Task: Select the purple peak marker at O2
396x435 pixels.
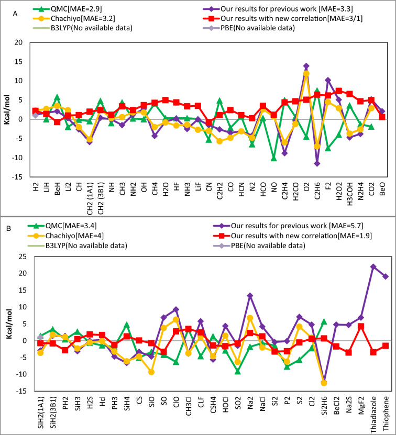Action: [306, 66]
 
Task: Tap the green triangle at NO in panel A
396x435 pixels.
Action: [273, 158]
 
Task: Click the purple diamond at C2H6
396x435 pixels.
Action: [317, 163]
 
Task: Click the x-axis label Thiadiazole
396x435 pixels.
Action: [373, 412]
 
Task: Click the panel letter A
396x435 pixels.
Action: [15, 16]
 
